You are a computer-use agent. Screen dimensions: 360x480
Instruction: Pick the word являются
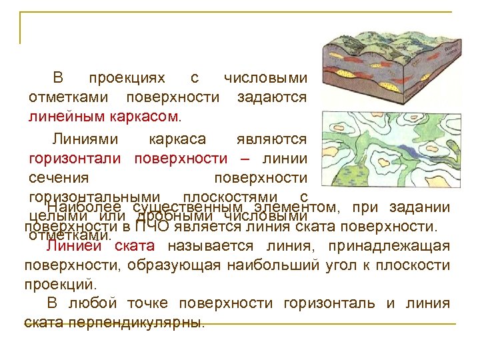tap(271, 139)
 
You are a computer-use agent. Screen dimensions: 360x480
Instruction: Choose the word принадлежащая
tap(393, 245)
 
